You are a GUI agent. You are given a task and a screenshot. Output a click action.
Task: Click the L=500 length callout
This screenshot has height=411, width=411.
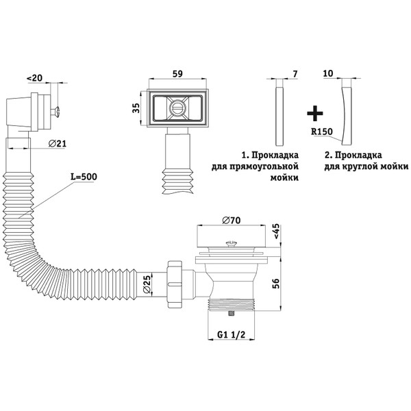[84, 177]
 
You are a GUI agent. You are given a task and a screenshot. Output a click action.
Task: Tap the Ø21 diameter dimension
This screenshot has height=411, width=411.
[58, 143]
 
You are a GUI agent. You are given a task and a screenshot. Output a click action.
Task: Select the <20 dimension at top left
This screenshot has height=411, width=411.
[34, 78]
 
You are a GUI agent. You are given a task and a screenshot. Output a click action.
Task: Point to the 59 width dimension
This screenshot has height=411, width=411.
[177, 74]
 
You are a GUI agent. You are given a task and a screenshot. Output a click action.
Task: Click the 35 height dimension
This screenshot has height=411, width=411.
[136, 108]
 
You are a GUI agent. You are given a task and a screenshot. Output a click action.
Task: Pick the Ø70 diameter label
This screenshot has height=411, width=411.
[232, 221]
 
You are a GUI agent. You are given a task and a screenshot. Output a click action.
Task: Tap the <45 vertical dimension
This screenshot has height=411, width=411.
[277, 232]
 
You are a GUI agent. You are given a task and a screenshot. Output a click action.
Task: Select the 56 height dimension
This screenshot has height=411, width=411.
[277, 284]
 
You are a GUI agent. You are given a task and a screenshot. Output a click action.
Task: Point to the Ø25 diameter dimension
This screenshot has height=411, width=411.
[147, 284]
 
